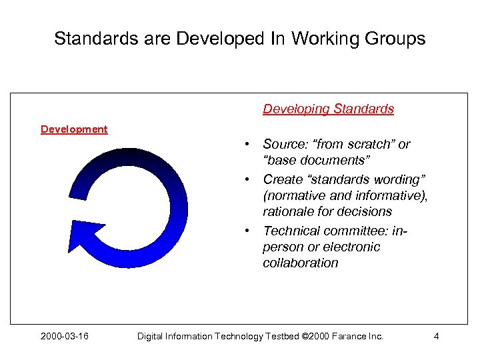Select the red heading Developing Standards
[328, 109]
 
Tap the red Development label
[74, 129]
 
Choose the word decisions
[365, 211]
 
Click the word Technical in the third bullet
[291, 231]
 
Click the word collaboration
[300, 263]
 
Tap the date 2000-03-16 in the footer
[65, 336]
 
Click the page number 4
[436, 336]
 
